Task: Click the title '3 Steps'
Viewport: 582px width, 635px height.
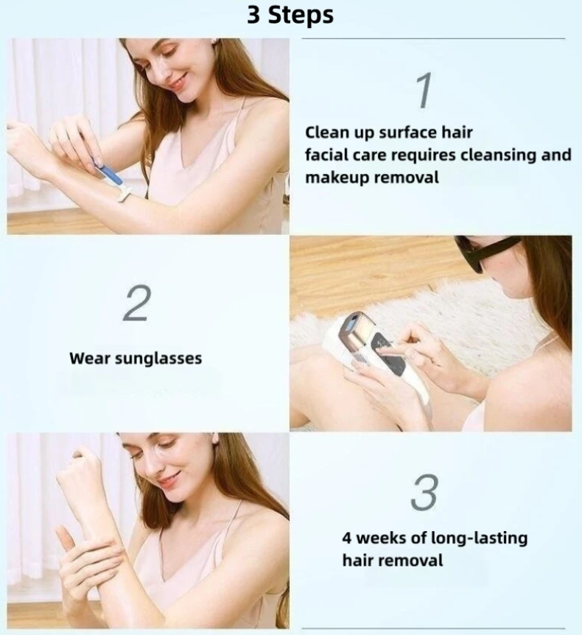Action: (x=290, y=15)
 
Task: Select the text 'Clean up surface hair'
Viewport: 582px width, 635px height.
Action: (x=388, y=133)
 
